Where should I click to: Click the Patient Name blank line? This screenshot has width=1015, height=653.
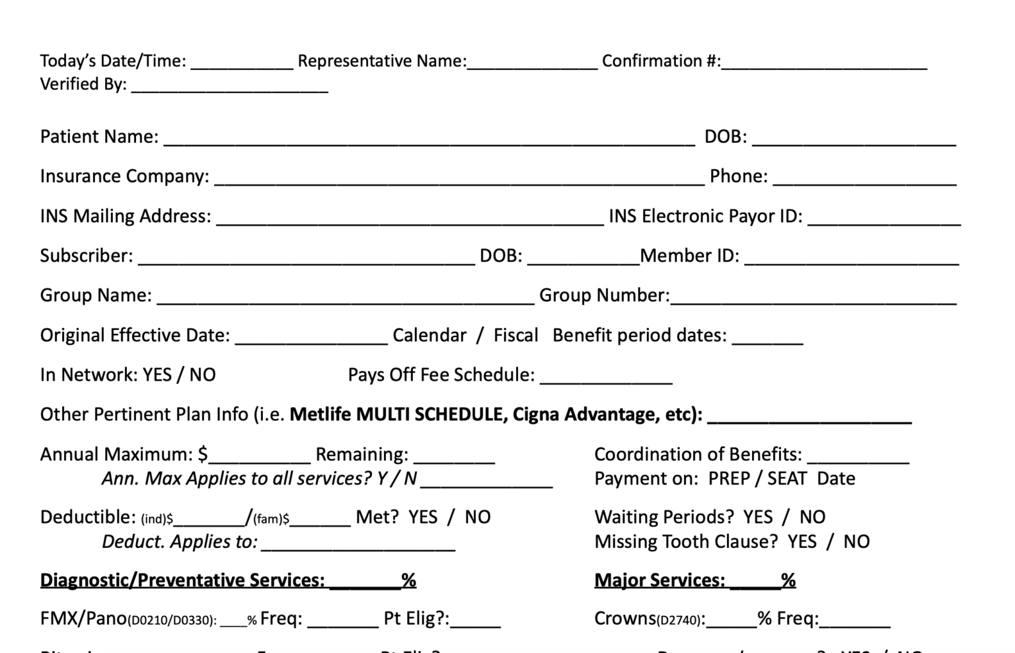pos(430,139)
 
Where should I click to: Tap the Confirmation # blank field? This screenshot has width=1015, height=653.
pos(824,63)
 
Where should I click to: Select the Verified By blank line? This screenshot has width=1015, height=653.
pos(229,87)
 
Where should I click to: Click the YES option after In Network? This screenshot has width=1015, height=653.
pos(157,375)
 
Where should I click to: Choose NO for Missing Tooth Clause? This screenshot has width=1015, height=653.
pos(856,542)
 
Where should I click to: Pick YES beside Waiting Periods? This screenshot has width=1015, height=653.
pos(757,517)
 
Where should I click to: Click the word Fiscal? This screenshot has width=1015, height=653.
pos(515,335)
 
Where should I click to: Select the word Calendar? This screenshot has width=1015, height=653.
pos(430,335)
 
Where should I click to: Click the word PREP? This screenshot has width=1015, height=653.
pos(729,479)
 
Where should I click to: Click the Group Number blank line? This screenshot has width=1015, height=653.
pos(813,297)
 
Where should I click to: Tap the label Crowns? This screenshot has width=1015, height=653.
pos(625,619)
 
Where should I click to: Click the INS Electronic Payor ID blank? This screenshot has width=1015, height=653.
pos(884,218)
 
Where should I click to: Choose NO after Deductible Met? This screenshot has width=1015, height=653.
pos(477,517)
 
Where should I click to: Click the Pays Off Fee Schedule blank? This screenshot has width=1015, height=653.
pos(606,377)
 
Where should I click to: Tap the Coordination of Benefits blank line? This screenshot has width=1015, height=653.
pos(858,456)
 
